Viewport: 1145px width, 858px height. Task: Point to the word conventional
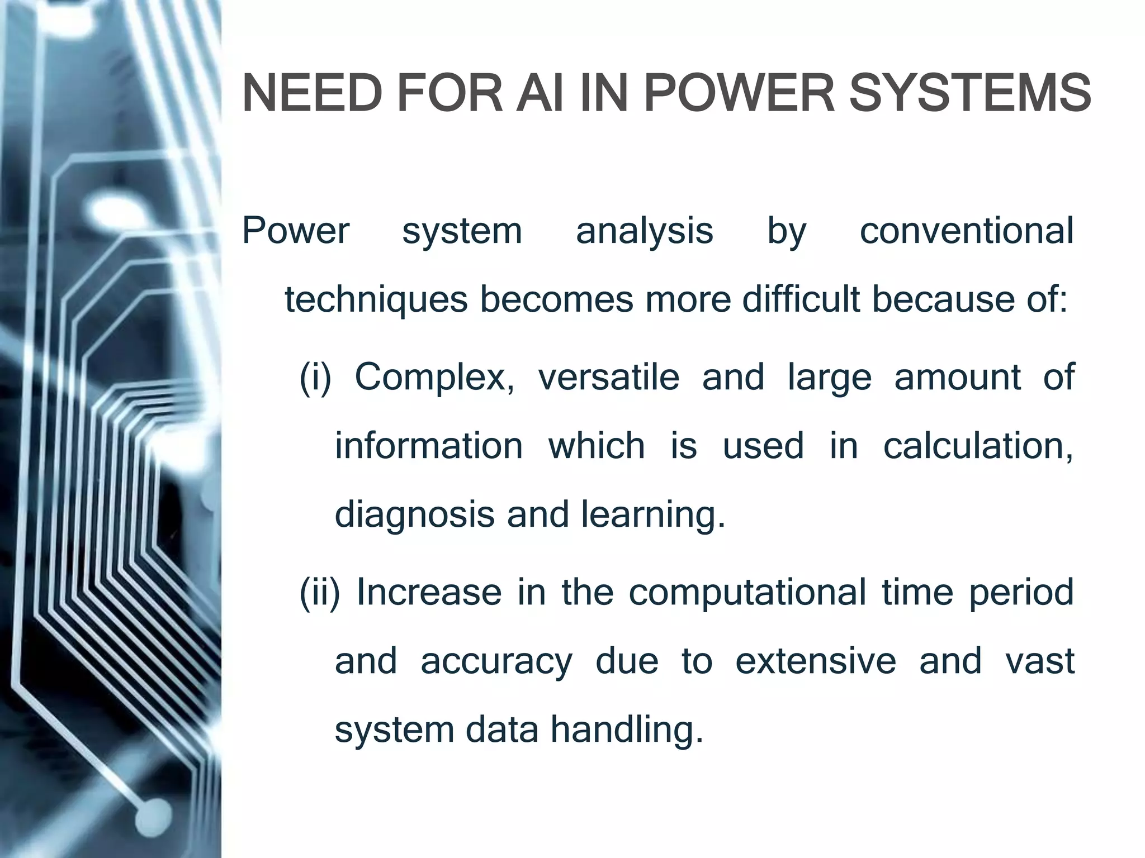point(966,231)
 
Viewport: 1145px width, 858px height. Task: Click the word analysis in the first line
point(644,231)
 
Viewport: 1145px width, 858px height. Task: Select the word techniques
point(376,300)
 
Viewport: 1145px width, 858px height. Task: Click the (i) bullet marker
point(315,378)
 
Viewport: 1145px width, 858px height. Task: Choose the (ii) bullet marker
point(320,592)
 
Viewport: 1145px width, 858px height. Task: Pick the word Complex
point(434,378)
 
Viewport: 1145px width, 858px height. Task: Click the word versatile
point(608,378)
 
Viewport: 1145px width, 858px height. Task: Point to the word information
point(429,446)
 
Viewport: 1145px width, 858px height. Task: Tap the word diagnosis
point(414,515)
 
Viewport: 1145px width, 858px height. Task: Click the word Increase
point(429,592)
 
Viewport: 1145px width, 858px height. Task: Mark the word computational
point(747,592)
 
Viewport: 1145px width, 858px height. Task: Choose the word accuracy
point(496,661)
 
